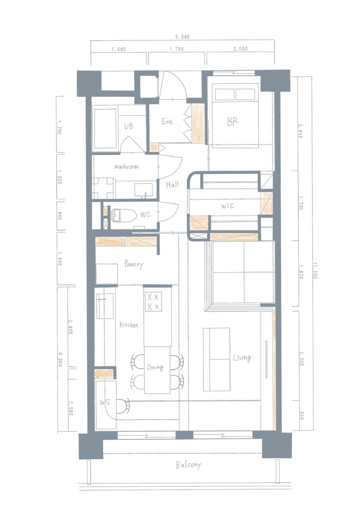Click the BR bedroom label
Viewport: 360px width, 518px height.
(x=232, y=122)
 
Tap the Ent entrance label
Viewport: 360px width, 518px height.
(x=167, y=121)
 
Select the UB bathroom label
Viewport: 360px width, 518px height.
(x=129, y=126)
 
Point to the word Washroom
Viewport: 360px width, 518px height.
(x=126, y=166)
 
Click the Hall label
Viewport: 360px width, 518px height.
(x=172, y=184)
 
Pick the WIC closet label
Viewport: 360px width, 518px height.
(x=228, y=206)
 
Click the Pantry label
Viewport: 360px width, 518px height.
(x=134, y=264)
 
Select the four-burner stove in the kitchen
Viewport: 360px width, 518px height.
(x=153, y=302)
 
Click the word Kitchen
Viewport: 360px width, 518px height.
(x=129, y=325)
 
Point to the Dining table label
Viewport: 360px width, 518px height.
(x=155, y=367)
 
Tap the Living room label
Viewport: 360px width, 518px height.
(x=242, y=358)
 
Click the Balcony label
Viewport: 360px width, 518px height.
(x=189, y=465)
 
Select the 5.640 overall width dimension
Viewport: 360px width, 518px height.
(x=182, y=37)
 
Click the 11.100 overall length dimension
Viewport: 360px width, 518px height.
(x=314, y=271)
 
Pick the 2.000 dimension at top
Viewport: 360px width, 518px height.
(x=240, y=49)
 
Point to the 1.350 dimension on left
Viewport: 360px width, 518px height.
(x=60, y=177)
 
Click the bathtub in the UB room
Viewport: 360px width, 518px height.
(x=106, y=129)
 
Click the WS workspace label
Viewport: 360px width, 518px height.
(x=105, y=402)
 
